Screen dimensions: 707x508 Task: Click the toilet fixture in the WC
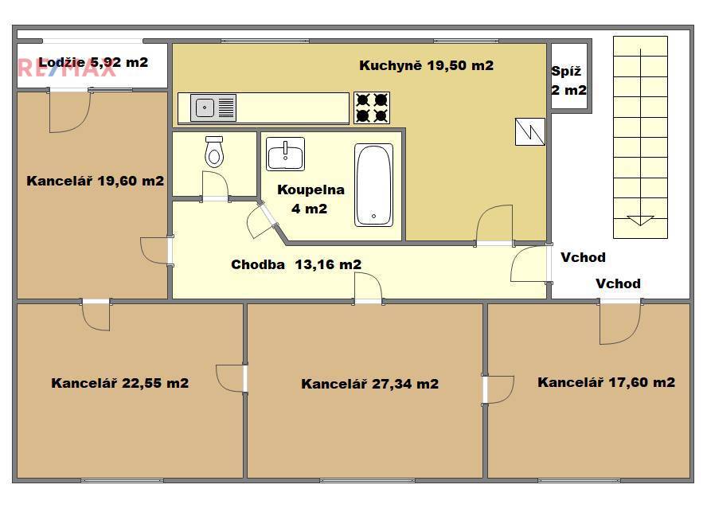click(x=214, y=152)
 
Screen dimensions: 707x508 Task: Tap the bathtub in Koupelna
click(x=373, y=185)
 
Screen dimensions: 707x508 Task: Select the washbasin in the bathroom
click(x=285, y=154)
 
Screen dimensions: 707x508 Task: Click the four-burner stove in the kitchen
click(x=372, y=107)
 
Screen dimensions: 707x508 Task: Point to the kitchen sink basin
click(x=205, y=107)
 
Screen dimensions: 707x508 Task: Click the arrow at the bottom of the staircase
click(x=640, y=221)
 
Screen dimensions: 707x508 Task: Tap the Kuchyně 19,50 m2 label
click(x=426, y=66)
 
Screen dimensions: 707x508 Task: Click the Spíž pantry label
click(x=566, y=71)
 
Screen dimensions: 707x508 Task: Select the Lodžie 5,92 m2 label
click(x=93, y=62)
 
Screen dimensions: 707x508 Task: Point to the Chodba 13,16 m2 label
click(x=296, y=264)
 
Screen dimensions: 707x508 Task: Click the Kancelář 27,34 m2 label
click(x=369, y=384)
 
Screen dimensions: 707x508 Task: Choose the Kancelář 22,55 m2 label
click(x=120, y=383)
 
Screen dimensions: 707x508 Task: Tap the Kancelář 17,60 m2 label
click(x=607, y=383)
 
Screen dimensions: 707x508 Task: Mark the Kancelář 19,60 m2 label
click(x=95, y=182)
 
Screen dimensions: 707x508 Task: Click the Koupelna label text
click(x=311, y=190)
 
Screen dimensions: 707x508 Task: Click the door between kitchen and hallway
click(x=494, y=225)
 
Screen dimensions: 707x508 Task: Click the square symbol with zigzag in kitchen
click(x=530, y=131)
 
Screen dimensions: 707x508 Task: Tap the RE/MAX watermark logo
click(x=67, y=68)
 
